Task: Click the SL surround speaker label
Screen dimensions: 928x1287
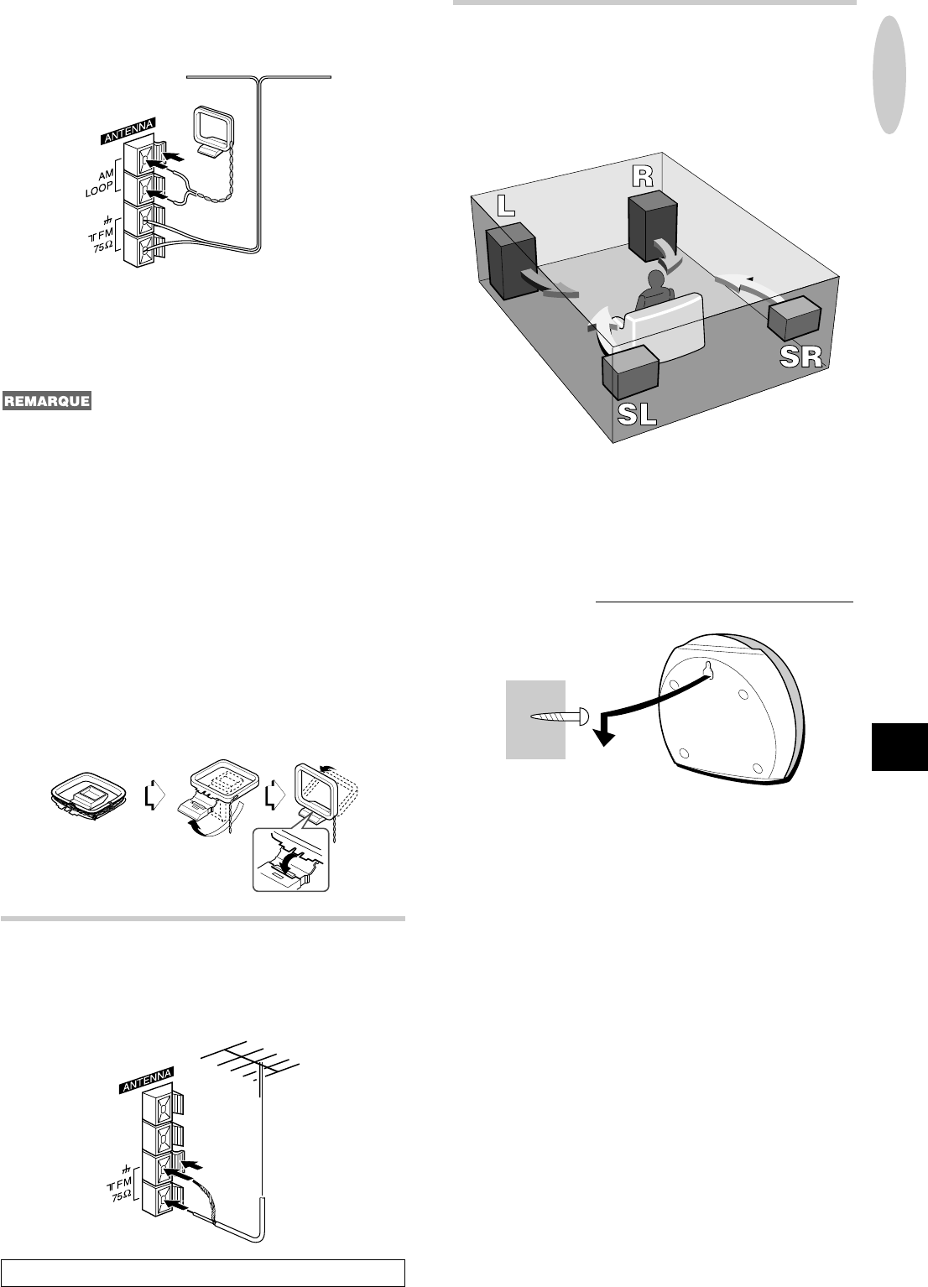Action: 637,414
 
